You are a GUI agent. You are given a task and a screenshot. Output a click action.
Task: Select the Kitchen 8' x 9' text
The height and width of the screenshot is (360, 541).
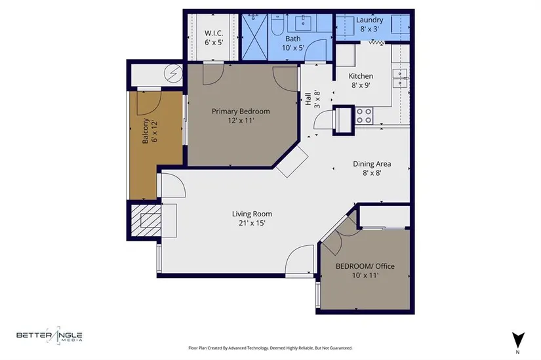(361, 81)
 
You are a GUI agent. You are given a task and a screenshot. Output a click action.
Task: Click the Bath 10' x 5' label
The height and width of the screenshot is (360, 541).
(293, 43)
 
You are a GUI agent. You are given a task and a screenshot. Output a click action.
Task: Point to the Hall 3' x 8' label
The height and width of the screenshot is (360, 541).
(312, 99)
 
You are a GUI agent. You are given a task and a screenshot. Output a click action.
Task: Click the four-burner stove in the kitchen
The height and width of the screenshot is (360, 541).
(364, 115)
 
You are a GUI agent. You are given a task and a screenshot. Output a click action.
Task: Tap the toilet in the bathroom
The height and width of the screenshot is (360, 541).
(276, 24)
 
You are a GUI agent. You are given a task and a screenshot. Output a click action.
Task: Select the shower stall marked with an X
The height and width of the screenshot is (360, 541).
(254, 37)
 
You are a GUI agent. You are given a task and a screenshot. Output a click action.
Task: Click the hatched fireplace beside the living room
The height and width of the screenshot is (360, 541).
(146, 220)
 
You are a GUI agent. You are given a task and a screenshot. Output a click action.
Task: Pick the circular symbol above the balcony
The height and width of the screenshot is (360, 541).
(173, 73)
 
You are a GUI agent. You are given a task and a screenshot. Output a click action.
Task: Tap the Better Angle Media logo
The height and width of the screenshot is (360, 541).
(49, 335)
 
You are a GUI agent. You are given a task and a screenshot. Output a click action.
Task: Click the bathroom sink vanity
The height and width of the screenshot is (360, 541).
(303, 23)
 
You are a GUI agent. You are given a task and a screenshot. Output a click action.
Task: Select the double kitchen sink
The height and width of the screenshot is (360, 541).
(400, 78)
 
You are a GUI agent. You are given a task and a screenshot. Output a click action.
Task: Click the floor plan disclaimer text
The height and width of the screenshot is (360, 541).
(270, 348)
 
